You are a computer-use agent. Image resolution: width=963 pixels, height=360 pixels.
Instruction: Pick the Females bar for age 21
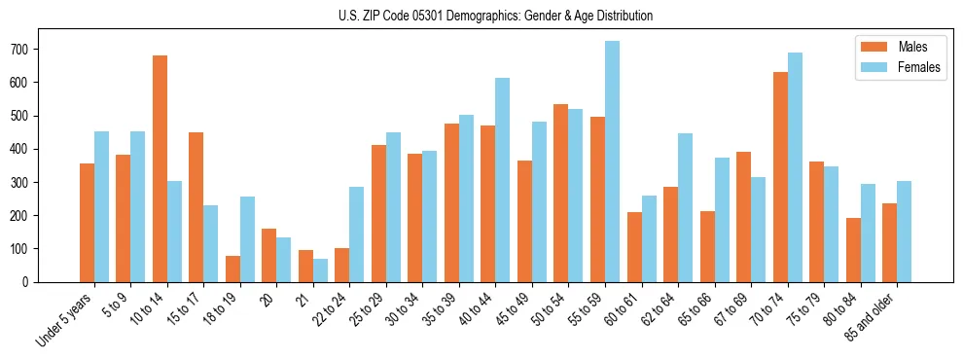tap(320, 270)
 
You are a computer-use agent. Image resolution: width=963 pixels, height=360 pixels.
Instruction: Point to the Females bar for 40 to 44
tap(503, 180)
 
